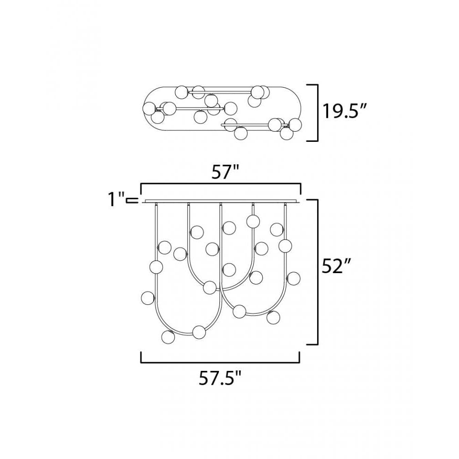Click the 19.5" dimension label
pyautogui.click(x=344, y=111)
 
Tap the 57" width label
pyautogui.click(x=224, y=172)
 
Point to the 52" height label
pyautogui.click(x=336, y=266)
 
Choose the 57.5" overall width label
pyautogui.click(x=220, y=378)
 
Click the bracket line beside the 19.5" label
pyautogui.click(x=317, y=113)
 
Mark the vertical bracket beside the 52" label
pyautogui.click(x=317, y=272)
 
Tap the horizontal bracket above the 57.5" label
pyautogui.click(x=220, y=363)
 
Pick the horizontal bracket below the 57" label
pyautogui.click(x=221, y=184)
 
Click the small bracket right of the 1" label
pyautogui.click(x=132, y=200)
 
